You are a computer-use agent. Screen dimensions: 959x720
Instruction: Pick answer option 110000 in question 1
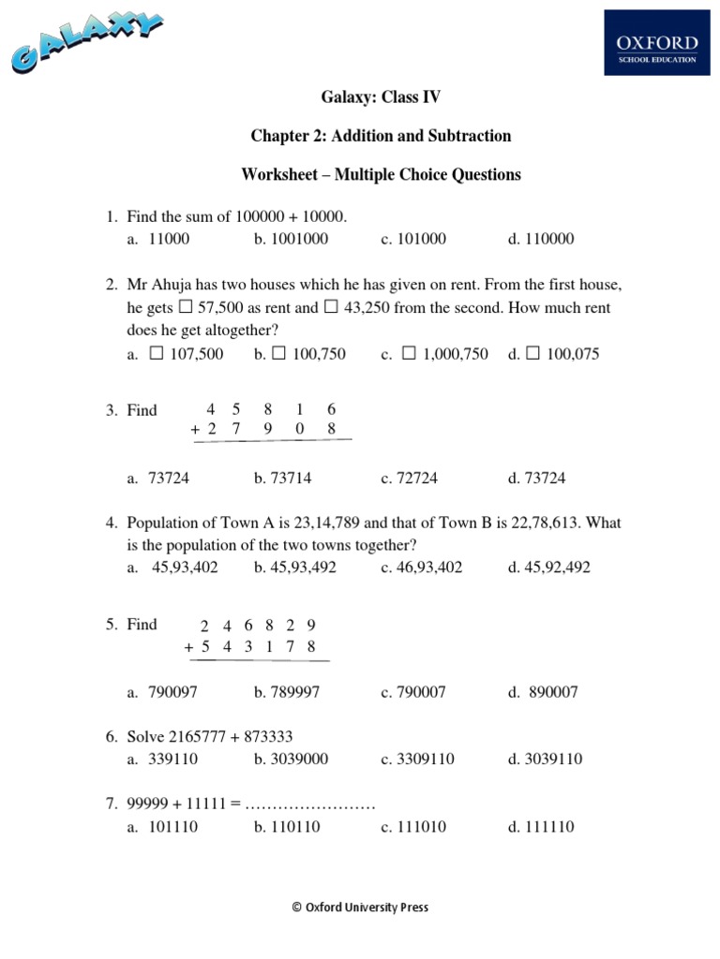(x=548, y=239)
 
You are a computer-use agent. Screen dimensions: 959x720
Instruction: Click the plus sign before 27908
(x=195, y=429)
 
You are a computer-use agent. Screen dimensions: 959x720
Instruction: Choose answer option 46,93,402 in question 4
(x=429, y=568)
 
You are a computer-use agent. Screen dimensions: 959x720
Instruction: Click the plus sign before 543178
(x=189, y=647)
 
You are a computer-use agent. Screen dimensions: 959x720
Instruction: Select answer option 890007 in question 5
(x=555, y=692)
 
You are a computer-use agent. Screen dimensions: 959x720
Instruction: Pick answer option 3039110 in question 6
(x=553, y=759)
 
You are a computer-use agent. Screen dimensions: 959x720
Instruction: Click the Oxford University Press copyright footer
(x=360, y=907)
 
